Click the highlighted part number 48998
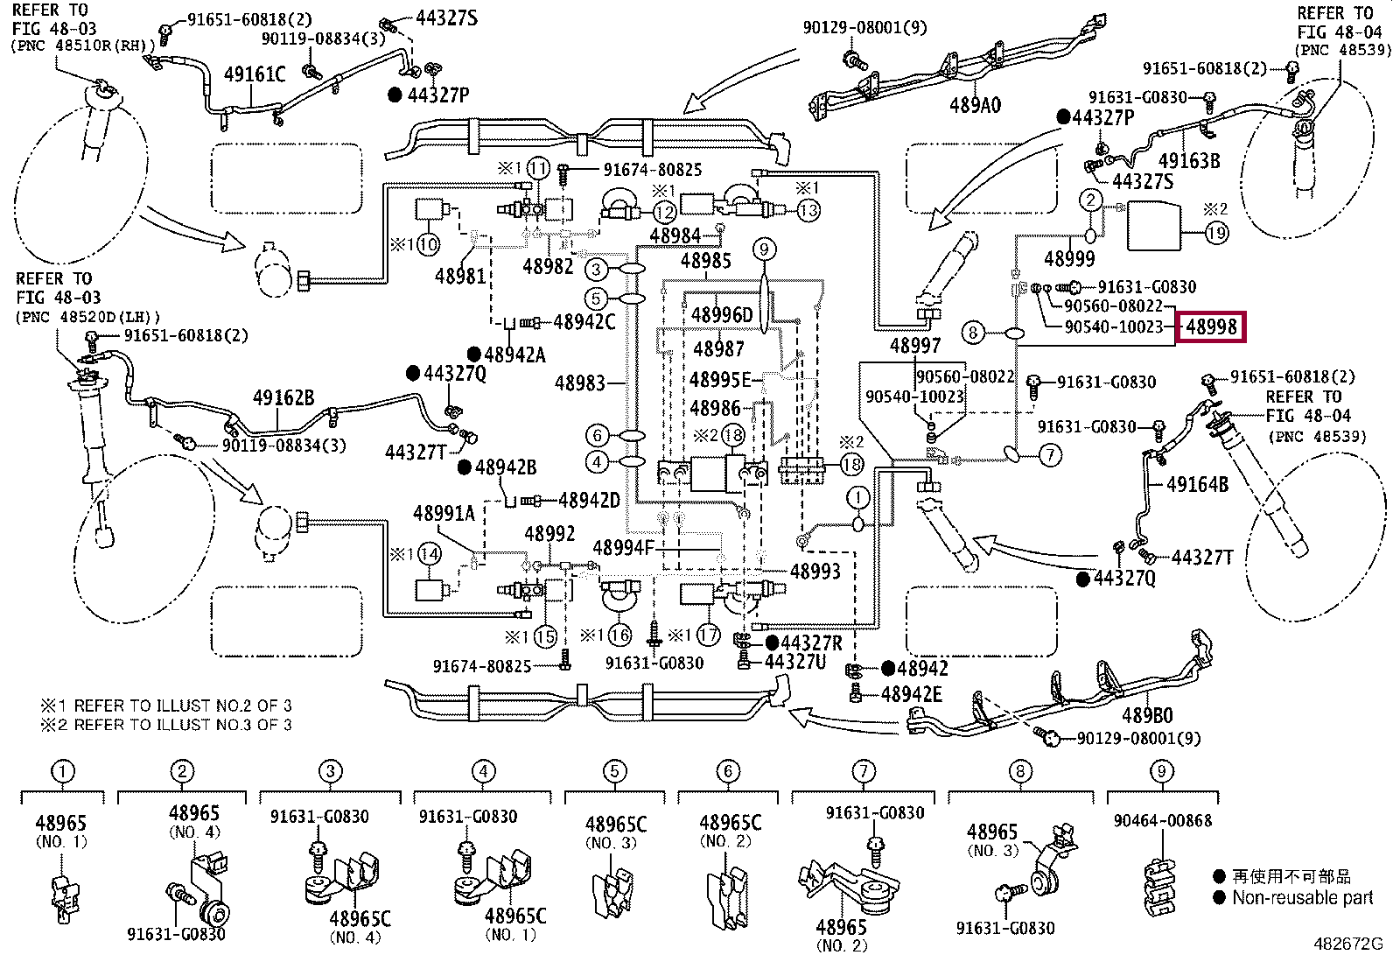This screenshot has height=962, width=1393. pos(1211,327)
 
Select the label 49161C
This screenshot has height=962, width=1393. pos(255,74)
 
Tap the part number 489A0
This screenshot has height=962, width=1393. pos(975,106)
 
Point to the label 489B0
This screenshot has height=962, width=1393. pos(1147,715)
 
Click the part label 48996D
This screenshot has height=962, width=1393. pos(722,315)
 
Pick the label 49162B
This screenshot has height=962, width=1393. pos(283,398)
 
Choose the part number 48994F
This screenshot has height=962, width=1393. pos(623,548)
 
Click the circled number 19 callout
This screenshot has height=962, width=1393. pos(1217,233)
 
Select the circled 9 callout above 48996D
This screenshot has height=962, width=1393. pos(764,250)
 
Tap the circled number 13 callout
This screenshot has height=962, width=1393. pos(808,210)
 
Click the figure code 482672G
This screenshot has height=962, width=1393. pos(1347,944)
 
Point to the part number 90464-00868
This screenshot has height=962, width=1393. pos(1163,821)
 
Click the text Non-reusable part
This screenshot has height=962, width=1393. pos(1302,898)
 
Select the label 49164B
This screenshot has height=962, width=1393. pos(1197,484)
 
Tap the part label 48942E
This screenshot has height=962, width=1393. pos(912,695)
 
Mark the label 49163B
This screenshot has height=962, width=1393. pos(1188,161)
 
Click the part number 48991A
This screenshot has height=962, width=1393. pos(444,514)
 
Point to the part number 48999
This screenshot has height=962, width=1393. pos(1069,259)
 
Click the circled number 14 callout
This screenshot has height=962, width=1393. pos(429,554)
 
